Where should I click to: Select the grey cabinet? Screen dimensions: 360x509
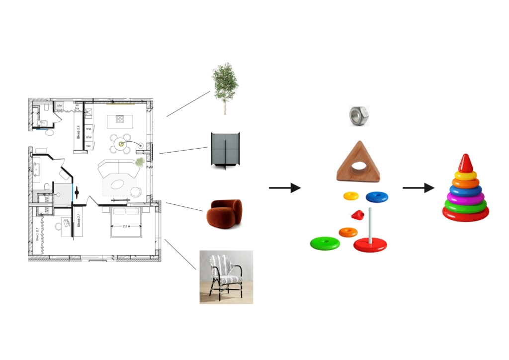[x=225, y=150]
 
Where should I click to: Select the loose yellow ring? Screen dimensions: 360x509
[x=351, y=196]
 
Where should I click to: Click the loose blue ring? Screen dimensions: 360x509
[x=377, y=197]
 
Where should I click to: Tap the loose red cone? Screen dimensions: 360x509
[x=357, y=215]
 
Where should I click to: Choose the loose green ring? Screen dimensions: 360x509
[x=325, y=243]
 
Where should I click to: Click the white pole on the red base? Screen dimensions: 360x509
[x=370, y=226]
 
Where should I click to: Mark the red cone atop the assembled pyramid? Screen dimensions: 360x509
[x=466, y=162]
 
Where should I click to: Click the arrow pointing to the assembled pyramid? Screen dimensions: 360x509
[x=418, y=188]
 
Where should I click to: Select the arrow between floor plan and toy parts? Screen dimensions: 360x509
[x=285, y=188]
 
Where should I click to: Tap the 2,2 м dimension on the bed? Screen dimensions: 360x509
[x=126, y=226]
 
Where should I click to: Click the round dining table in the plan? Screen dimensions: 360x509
[x=121, y=144]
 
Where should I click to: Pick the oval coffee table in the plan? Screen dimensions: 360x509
[x=118, y=184]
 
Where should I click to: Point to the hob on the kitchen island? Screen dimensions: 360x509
[x=120, y=119]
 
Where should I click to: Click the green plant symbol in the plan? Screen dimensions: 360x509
[x=141, y=162]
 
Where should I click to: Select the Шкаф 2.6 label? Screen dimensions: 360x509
[x=79, y=133]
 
